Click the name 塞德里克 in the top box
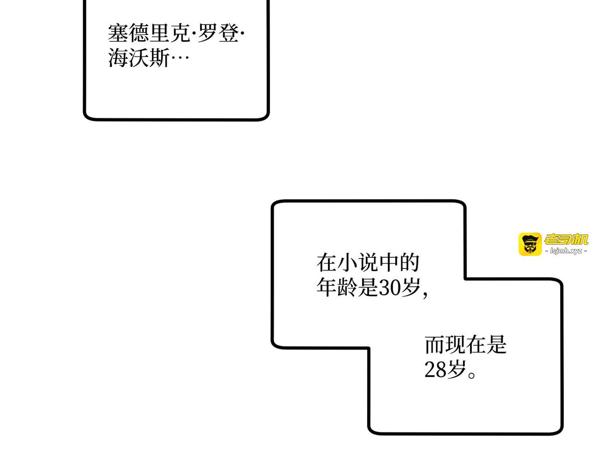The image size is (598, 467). (x=149, y=33)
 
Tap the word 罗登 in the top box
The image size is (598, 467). (x=218, y=33)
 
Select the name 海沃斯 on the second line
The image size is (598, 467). (x=138, y=57)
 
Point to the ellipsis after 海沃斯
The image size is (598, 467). (x=180, y=58)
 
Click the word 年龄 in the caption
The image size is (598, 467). (x=337, y=287)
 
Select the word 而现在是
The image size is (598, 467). (x=465, y=344)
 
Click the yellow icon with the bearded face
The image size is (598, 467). (x=530, y=244)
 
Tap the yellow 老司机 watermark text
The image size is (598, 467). (x=566, y=239)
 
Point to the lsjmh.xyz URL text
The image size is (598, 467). (x=566, y=251)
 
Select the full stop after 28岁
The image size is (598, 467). (x=471, y=375)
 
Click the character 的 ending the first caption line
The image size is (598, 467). (x=409, y=263)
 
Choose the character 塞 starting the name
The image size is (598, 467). (x=118, y=33)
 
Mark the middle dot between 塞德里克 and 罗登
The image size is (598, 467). (x=194, y=34)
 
